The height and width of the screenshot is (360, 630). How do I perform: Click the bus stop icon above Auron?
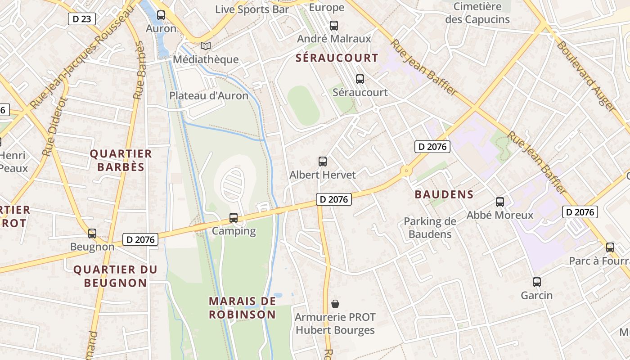(x=161, y=15)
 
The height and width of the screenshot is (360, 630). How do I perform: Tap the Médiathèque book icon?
(x=205, y=46)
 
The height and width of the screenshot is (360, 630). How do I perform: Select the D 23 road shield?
(x=82, y=19)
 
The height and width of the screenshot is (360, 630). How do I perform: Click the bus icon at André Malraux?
(x=333, y=26)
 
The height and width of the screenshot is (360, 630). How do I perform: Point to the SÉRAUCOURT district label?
(x=337, y=58)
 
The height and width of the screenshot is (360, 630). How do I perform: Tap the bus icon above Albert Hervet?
(x=322, y=162)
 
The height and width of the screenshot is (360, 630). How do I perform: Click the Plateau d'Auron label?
(x=209, y=96)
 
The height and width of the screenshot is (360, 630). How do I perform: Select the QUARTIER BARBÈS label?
(x=121, y=160)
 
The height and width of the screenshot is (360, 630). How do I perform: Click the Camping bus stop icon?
(x=233, y=218)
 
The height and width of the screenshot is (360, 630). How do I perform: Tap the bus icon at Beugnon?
(x=92, y=234)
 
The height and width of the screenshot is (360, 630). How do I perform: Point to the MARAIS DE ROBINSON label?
(x=242, y=307)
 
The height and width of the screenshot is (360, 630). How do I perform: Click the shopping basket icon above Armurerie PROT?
(x=335, y=304)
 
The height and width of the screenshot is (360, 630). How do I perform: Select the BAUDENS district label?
(x=444, y=194)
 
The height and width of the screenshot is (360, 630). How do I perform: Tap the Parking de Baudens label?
(x=430, y=228)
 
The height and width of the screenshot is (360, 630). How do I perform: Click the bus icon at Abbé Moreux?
(x=499, y=202)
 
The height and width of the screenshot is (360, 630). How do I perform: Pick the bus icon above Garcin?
(x=536, y=282)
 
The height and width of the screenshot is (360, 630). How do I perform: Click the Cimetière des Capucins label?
(x=477, y=13)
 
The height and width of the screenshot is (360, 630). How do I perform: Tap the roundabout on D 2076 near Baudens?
(x=406, y=171)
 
